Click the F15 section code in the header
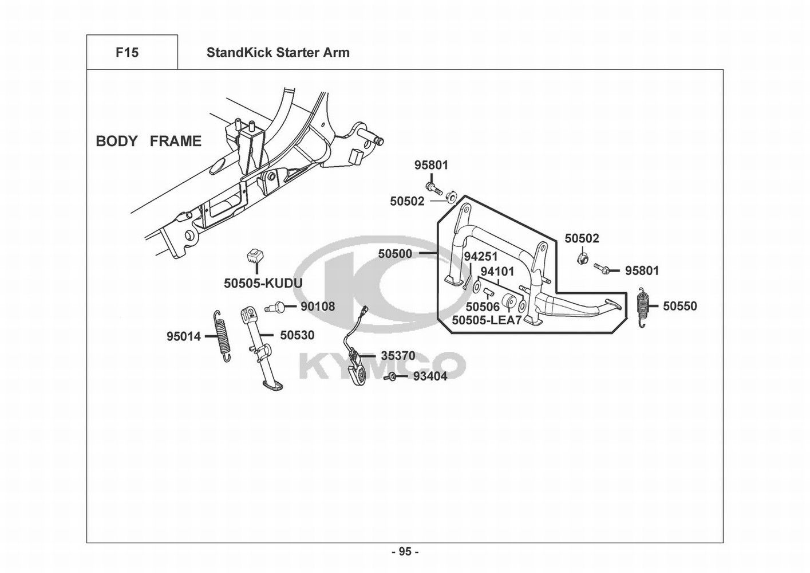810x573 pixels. (127, 53)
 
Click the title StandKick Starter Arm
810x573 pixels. (278, 53)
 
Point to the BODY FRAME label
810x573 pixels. (149, 141)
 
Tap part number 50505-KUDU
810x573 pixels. (263, 283)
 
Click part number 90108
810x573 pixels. (318, 307)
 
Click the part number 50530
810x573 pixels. (297, 335)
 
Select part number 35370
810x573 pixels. (398, 356)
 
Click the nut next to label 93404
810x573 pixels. (393, 376)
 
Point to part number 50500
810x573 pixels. (395, 253)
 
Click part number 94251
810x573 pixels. (480, 257)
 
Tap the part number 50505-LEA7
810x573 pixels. (487, 320)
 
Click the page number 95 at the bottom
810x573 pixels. (405, 552)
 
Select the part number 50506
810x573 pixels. (483, 308)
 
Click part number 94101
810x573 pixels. (497, 271)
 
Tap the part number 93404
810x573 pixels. (430, 376)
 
